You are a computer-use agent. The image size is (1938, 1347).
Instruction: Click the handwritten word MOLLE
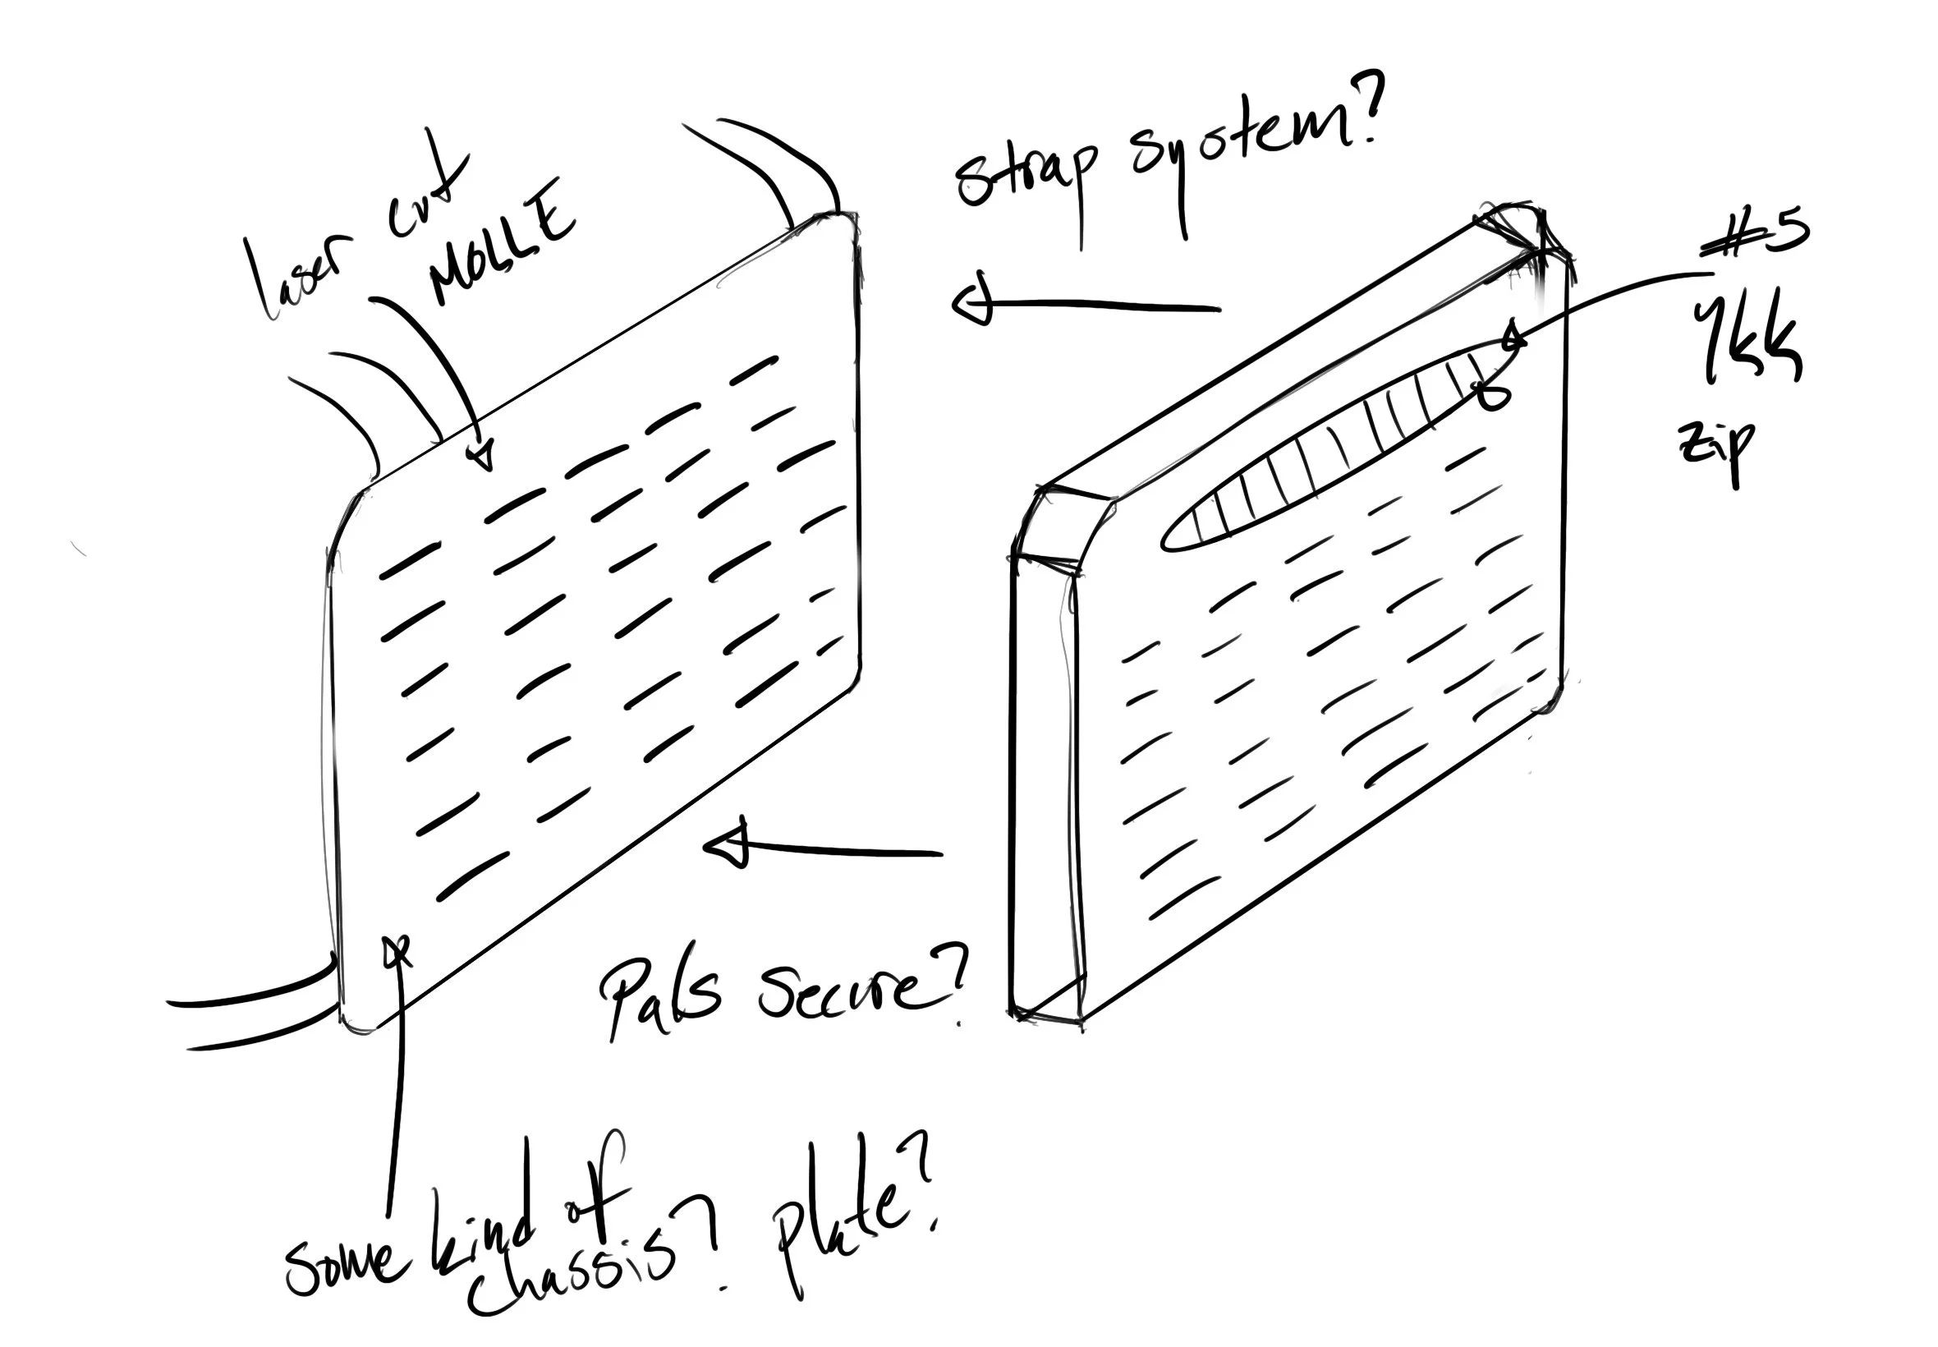coord(501,244)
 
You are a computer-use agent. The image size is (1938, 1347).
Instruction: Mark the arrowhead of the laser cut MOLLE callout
coord(482,456)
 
